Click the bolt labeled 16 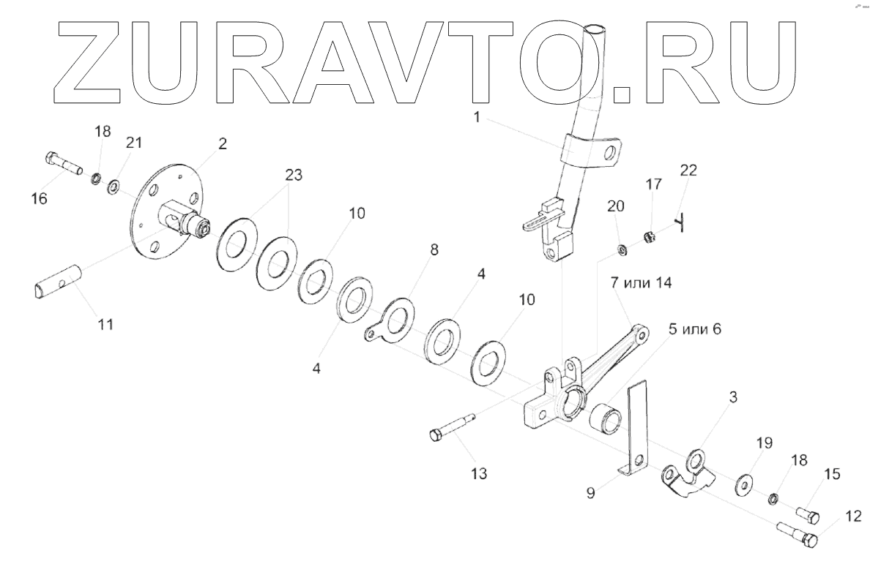tap(63, 163)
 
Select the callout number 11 tap(105, 323)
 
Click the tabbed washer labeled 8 tap(392, 323)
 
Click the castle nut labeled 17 tap(647, 236)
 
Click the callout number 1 tap(477, 116)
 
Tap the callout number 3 tap(733, 396)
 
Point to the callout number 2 tap(222, 143)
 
